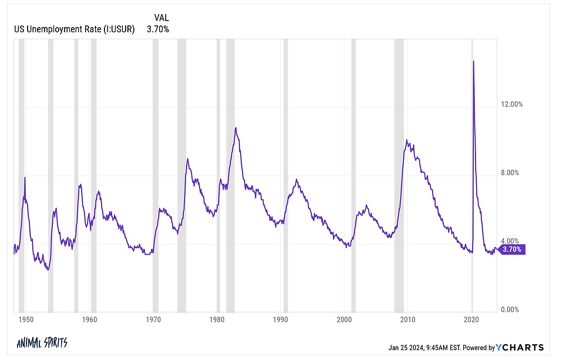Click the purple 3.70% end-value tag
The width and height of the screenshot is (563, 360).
pos(513,249)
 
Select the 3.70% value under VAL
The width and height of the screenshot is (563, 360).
pos(159,29)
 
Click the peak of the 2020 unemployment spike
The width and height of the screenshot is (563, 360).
pos(474,61)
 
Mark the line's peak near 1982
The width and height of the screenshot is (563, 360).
pos(235,128)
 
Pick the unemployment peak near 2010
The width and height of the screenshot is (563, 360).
pos(407,140)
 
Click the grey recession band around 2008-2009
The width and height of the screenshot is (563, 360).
pos(399,176)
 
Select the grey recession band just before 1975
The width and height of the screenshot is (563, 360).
pos(181,176)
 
